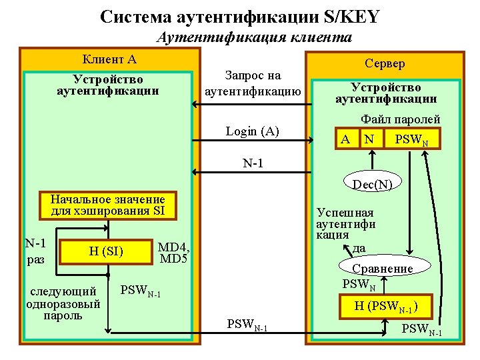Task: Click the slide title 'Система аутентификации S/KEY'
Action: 240,16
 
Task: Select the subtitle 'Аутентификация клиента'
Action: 254,37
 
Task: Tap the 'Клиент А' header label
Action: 109,59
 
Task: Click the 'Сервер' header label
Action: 385,63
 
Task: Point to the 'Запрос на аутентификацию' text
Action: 253,83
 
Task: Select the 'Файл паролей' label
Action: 400,119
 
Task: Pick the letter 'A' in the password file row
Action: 345,139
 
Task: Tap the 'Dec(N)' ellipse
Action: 372,184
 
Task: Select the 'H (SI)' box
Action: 106,251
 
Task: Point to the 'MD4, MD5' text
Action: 174,253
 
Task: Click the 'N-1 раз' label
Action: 35,251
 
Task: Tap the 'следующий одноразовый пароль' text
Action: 63,303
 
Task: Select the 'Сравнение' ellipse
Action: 383,269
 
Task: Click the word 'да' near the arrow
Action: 359,248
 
